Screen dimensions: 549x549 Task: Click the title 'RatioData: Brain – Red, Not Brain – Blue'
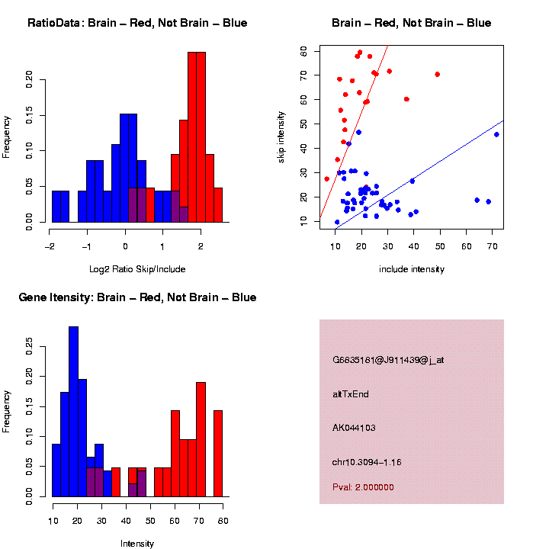coord(137,23)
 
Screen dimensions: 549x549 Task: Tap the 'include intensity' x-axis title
coord(412,269)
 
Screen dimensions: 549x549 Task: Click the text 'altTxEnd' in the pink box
coord(352,394)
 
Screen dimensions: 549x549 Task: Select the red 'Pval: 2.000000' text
coord(363,487)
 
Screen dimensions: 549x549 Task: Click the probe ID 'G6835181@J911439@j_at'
coord(388,360)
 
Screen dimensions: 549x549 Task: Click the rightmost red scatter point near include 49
coord(437,74)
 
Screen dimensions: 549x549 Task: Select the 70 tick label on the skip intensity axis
coord(303,75)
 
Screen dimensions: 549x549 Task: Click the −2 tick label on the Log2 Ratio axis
coord(50,247)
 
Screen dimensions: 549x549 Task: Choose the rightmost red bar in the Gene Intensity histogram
coord(218,454)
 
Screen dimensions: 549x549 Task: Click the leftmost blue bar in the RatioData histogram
coord(60,206)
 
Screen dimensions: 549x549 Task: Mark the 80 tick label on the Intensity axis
coord(222,520)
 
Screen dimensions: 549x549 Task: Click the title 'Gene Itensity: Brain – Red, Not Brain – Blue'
coord(137,297)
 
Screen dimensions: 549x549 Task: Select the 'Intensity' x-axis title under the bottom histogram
coord(137,544)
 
